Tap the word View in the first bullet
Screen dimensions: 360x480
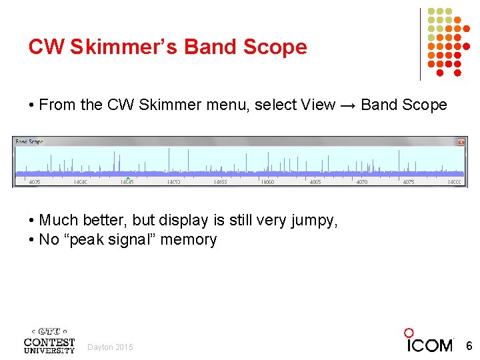318,105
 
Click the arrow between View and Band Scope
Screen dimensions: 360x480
348,105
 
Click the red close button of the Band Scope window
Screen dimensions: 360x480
461,142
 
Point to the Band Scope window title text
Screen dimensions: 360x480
29,142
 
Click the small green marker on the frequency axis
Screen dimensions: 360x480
128,178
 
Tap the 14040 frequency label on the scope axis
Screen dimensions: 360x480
81,182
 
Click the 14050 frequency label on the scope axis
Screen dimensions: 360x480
173,182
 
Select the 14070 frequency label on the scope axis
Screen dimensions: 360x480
361,182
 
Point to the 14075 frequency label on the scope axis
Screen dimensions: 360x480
408,182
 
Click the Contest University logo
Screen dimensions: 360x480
49,341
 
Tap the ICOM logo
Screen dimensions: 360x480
429,341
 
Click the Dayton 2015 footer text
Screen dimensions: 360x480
110,347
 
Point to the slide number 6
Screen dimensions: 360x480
469,346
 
